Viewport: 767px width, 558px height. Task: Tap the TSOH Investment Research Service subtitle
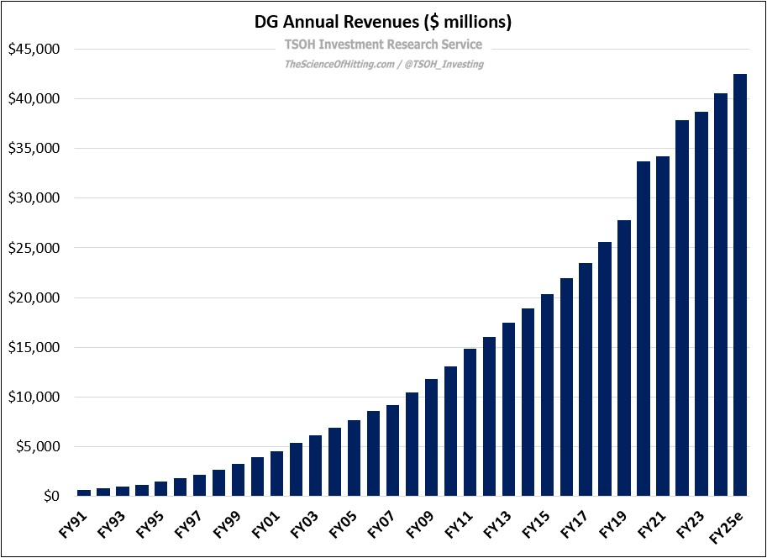383,45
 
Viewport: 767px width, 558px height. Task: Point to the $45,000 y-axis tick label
34,50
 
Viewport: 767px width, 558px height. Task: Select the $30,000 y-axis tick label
34,198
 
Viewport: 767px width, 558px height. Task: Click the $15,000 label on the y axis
34,348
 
